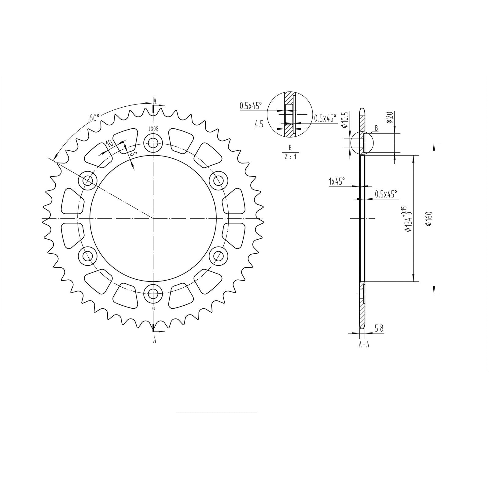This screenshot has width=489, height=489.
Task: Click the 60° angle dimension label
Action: point(94,118)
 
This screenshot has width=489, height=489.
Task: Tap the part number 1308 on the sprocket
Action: point(153,129)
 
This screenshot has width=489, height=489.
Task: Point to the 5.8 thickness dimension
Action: point(379,329)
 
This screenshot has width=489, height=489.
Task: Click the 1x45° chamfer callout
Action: point(336,181)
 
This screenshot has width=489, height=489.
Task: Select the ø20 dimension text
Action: point(389,117)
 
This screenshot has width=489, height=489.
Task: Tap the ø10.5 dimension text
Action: point(344,121)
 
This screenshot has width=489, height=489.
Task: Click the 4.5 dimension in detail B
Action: point(259,124)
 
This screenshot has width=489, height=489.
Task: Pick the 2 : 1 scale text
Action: point(290,156)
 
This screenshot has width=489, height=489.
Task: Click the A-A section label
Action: point(364,345)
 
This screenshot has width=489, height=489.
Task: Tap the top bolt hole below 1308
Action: point(153,142)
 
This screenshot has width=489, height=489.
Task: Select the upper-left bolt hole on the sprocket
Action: point(88,180)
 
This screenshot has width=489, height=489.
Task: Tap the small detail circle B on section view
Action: point(362,143)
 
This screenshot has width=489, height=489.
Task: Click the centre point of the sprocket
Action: point(153,219)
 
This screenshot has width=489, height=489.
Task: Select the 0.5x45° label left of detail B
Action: point(251,106)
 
